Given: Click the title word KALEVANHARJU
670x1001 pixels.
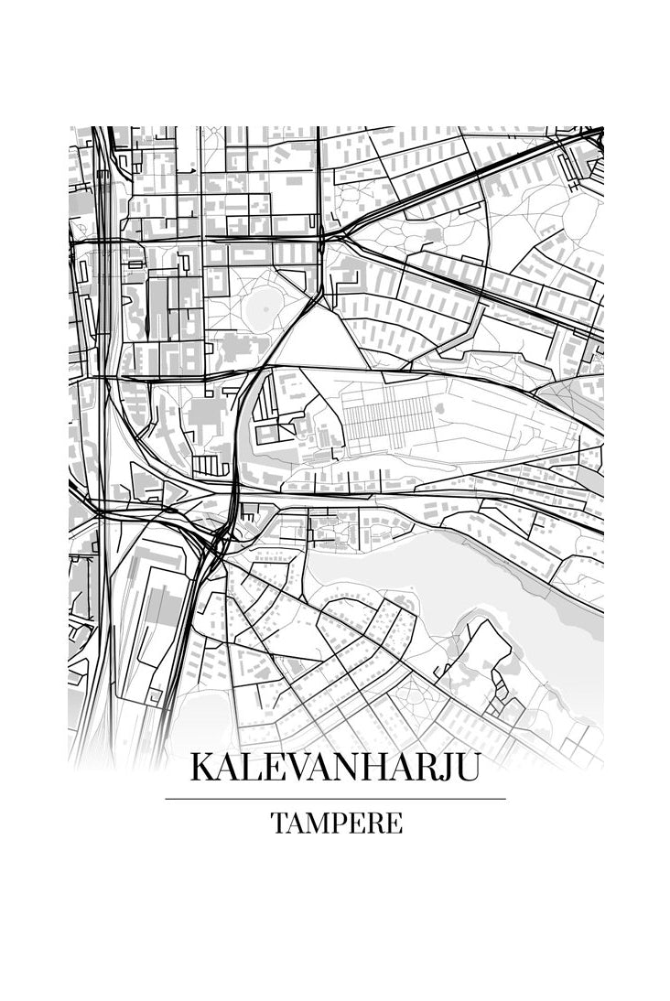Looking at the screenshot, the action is (334, 767).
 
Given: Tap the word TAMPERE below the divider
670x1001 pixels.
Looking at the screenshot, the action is (336, 823).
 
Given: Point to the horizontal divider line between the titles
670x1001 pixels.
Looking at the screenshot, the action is (335, 799).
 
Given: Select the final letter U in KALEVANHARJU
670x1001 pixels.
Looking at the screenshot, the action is (465, 767).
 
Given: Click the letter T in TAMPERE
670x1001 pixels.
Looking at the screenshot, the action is (278, 823).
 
